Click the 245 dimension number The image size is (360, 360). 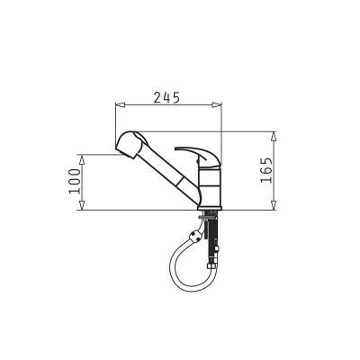[166, 97]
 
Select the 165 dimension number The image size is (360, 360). [266, 170]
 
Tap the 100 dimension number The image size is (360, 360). [75, 181]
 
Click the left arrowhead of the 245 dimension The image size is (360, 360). [120, 104]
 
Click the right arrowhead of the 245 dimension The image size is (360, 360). [217, 104]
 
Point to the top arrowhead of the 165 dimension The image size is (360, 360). [274, 136]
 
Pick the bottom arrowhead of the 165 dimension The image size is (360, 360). [274, 205]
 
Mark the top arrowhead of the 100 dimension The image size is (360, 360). [81, 159]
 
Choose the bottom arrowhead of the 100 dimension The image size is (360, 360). [81, 205]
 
